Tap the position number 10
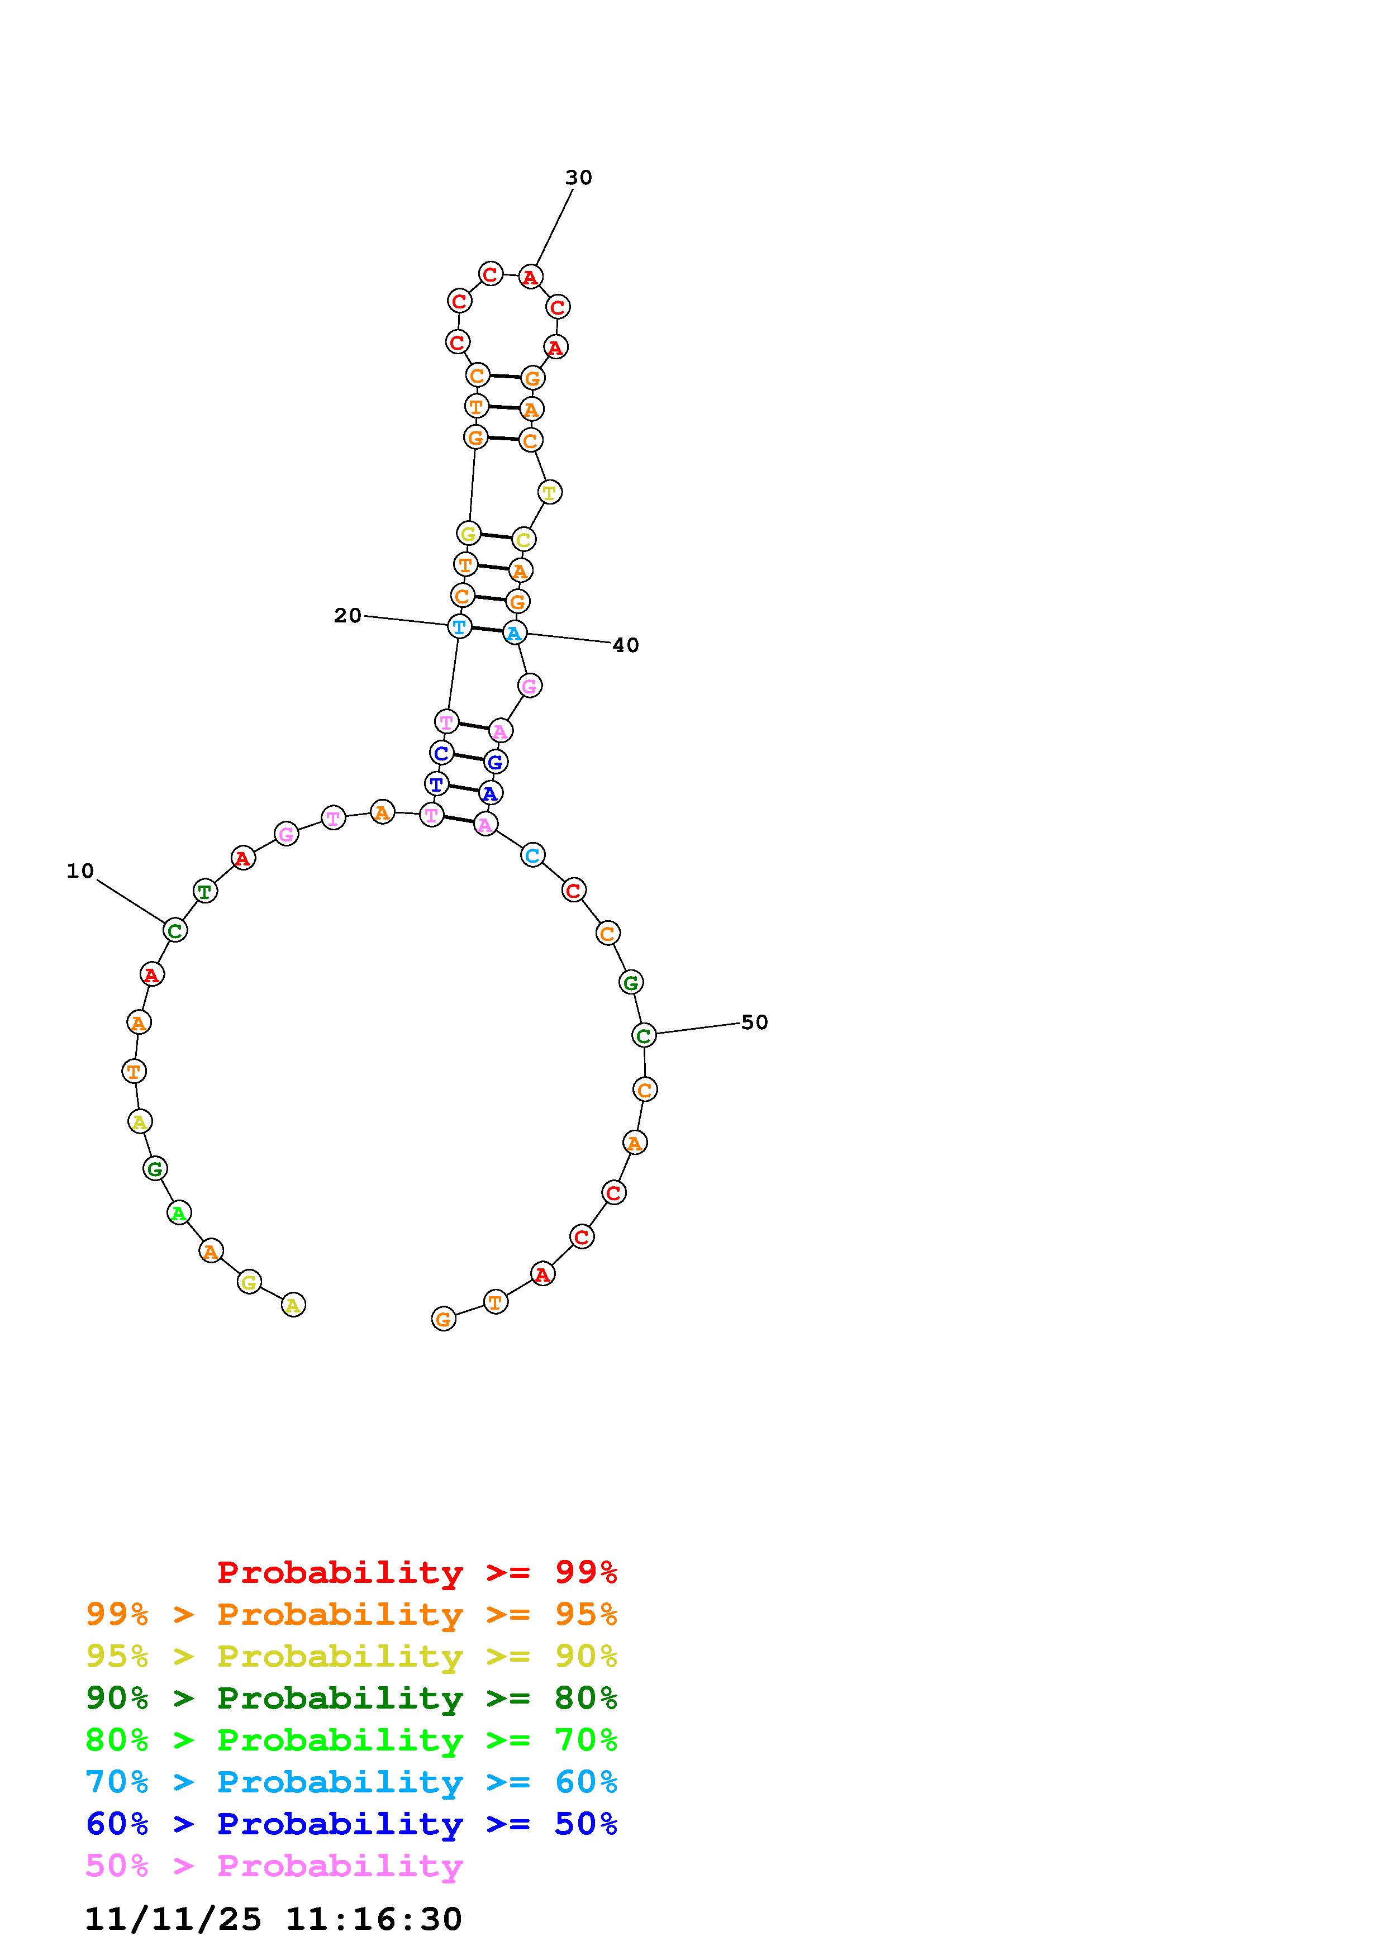[80, 870]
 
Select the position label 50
[754, 1022]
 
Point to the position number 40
[626, 645]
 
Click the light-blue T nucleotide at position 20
[459, 626]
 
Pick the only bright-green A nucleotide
[178, 1212]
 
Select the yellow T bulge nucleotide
[550, 493]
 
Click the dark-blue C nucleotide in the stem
[441, 753]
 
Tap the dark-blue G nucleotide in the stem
[495, 762]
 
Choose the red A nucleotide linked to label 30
[531, 277]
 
